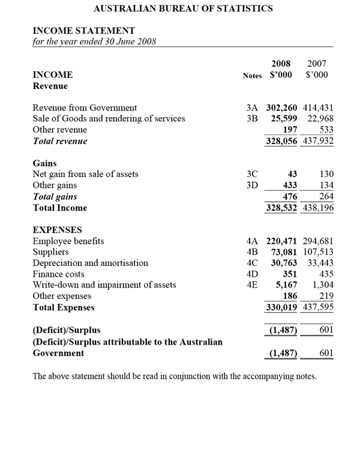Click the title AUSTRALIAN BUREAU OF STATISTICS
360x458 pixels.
click(x=184, y=8)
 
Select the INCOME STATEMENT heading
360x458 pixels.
click(x=83, y=31)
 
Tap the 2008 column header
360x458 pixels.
click(x=281, y=63)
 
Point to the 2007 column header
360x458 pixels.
click(x=317, y=63)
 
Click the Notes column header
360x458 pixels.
click(x=252, y=76)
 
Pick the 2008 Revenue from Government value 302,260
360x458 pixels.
click(x=283, y=108)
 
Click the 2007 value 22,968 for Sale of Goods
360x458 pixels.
click(x=320, y=119)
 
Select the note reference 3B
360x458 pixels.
click(x=252, y=119)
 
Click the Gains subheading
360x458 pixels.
click(x=44, y=163)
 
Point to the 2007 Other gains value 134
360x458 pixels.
click(x=326, y=185)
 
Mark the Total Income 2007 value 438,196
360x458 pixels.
click(x=318, y=208)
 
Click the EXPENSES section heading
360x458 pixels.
click(x=57, y=230)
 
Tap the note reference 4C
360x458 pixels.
click(x=252, y=263)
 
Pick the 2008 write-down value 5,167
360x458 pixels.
click(x=287, y=285)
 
